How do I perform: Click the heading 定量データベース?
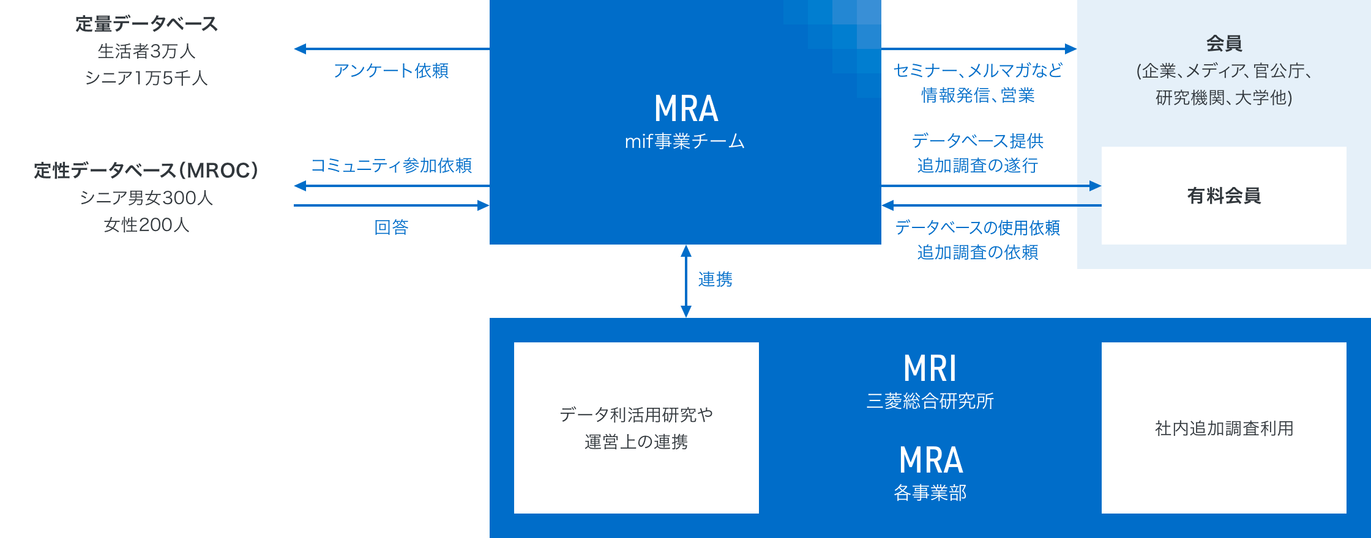[x=146, y=24]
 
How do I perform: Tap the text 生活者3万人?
[x=146, y=51]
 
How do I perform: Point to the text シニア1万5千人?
[x=146, y=78]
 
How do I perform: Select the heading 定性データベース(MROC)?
[x=146, y=171]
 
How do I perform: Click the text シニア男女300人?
[x=146, y=198]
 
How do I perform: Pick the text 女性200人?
[x=146, y=225]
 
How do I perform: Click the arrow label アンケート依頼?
[x=391, y=71]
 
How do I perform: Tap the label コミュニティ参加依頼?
[x=391, y=166]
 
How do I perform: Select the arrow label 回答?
[x=391, y=227]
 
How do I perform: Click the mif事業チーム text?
[x=685, y=142]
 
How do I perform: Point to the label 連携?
[x=715, y=280]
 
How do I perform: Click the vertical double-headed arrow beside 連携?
[x=686, y=281]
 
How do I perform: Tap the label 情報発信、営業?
[x=978, y=95]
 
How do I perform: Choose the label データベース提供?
[x=978, y=141]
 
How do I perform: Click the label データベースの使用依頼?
[x=978, y=228]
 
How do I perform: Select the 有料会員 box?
[x=1224, y=196]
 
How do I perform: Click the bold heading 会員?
[x=1224, y=44]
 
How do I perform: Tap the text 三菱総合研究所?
[x=930, y=401]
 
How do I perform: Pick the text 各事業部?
[x=930, y=493]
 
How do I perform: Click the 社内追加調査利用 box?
[x=1224, y=428]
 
